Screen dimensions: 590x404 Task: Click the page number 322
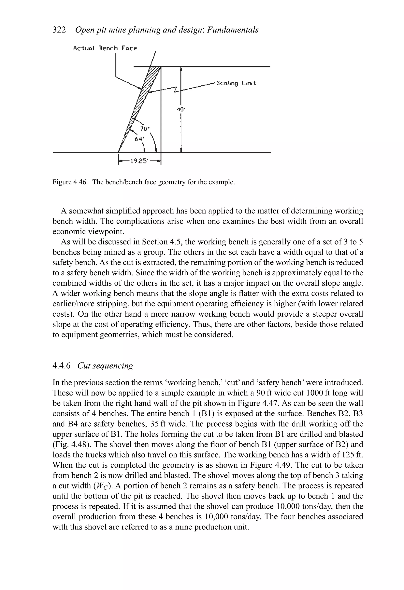click(59, 30)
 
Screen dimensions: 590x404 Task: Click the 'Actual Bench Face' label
click(105, 48)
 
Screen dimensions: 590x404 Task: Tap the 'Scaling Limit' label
click(236, 83)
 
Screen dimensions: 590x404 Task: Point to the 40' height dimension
click(181, 109)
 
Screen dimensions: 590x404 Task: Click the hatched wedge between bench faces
click(146, 91)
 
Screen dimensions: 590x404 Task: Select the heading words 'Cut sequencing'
click(105, 366)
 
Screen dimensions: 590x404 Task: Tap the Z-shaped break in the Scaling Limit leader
click(175, 90)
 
